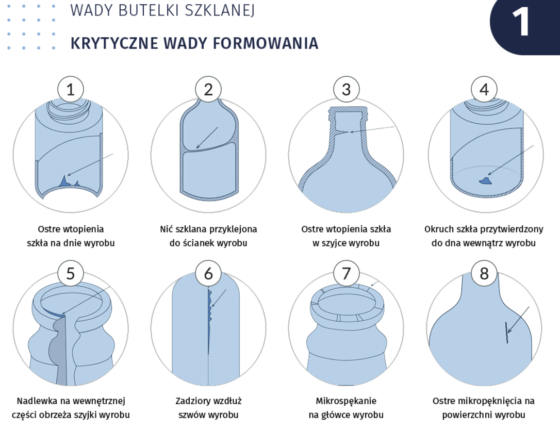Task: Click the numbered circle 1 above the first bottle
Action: coord(71,90)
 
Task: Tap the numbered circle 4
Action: coord(484,90)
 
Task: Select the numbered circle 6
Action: coord(208,274)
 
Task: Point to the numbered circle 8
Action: coord(484,274)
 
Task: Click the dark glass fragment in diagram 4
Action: coord(485,180)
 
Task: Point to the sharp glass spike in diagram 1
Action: coord(64,181)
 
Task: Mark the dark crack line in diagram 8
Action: coord(507,333)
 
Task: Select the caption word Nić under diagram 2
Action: coord(167,229)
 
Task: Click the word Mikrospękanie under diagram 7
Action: coord(346,401)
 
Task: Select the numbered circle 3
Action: coord(346,90)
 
